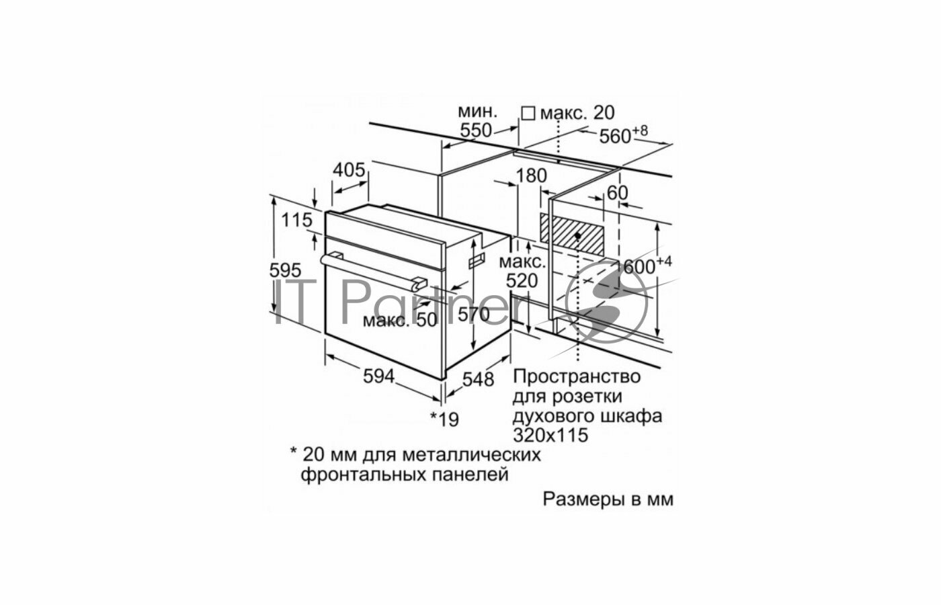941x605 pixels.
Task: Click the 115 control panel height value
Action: [296, 220]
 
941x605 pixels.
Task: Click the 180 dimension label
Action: [532, 177]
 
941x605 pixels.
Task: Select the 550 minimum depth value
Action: [477, 131]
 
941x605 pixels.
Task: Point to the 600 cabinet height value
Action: [639, 267]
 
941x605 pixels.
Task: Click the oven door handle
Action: [373, 268]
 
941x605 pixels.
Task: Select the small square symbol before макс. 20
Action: [528, 113]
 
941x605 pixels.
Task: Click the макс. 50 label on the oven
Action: [400, 320]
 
